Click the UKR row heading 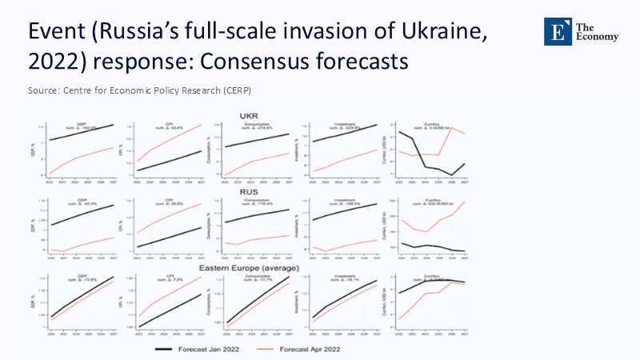click(249, 115)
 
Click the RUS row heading click(249, 192)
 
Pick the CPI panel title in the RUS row click(169, 200)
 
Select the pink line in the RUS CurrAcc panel click(432, 225)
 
